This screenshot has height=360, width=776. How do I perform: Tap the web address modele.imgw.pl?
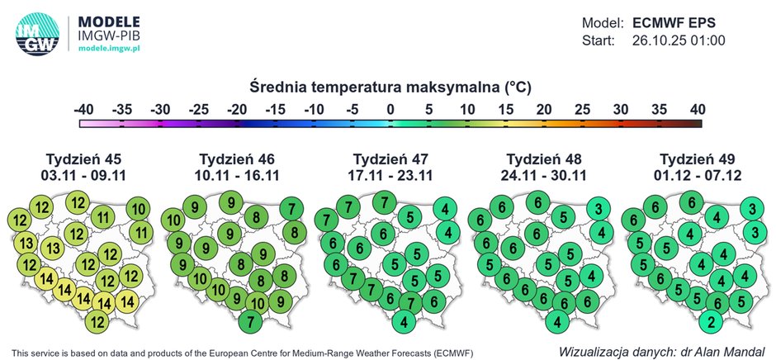pyautogui.click(x=108, y=50)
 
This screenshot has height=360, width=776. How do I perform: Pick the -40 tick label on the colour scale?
pyautogui.click(x=83, y=108)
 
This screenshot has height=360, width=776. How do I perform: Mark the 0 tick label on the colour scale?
pyautogui.click(x=390, y=108)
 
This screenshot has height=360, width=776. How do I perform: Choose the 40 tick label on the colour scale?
pyautogui.click(x=698, y=108)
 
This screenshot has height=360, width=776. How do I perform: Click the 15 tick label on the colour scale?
pyautogui.click(x=506, y=108)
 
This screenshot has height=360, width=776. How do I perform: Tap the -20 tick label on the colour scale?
pyautogui.click(x=237, y=108)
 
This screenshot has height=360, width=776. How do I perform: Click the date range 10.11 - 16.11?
pyautogui.click(x=237, y=175)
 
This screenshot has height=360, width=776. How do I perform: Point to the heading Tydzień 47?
pyautogui.click(x=390, y=159)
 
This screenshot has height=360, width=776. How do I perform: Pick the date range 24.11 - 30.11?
pyautogui.click(x=543, y=175)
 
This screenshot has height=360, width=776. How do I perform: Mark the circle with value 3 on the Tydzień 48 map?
pyautogui.click(x=599, y=210)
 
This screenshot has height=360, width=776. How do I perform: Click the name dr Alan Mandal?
pyautogui.click(x=726, y=350)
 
